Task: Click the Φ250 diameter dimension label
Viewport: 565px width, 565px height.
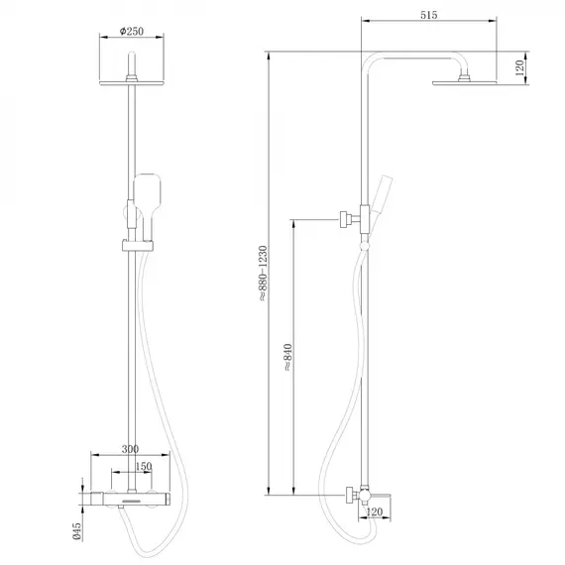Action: click(132, 31)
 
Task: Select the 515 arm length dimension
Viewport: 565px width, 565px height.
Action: click(428, 16)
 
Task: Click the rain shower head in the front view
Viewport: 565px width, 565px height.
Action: click(132, 78)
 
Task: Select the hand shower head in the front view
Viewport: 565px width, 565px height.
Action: click(146, 189)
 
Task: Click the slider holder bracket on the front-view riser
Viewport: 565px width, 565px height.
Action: click(136, 243)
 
